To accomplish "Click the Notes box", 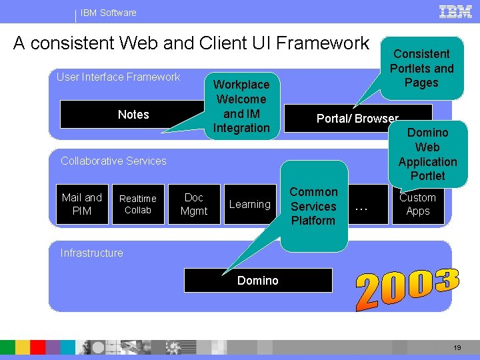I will point(133,115).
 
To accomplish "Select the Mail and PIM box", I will point(81,204).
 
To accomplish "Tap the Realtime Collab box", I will point(138,204).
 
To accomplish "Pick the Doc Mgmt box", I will point(194,204).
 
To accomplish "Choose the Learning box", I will point(249,205).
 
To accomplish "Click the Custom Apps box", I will point(418,204).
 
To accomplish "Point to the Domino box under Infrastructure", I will point(258,281).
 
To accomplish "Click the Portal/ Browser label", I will point(357,119).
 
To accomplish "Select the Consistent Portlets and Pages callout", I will point(421,68).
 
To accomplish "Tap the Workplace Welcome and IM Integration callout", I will point(241,106).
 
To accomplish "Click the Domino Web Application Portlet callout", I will point(427,154).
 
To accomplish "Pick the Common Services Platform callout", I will point(313,206).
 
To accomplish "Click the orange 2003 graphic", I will point(407,289).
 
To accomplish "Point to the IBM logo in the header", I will point(455,11).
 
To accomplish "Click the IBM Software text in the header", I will point(108,13).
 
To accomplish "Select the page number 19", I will point(457,348).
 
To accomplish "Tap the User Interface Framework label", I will point(118,77).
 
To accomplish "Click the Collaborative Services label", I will point(113,161).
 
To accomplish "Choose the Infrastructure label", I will point(91,253).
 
